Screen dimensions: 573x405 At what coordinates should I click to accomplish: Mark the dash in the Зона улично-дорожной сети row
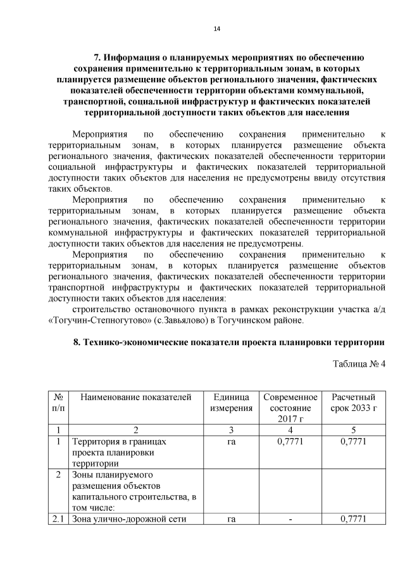290,520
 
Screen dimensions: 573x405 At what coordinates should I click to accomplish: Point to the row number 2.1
58,520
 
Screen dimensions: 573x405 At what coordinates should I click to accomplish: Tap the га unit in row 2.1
231,520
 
